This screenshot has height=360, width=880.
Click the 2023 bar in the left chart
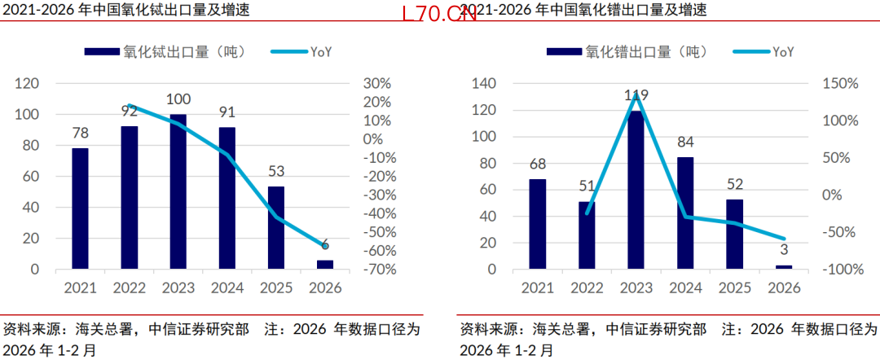[178, 191]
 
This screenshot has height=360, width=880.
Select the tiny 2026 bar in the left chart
[325, 265]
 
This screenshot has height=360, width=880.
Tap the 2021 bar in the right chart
[538, 224]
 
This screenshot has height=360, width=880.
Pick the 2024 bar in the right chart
[685, 213]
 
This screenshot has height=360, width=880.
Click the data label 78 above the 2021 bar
[80, 134]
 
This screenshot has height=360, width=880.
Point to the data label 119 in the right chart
[636, 94]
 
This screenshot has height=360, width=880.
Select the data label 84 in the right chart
[685, 142]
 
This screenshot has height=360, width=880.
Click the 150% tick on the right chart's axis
[840, 84]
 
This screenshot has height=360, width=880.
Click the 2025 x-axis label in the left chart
[276, 288]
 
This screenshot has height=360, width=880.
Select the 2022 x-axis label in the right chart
[587, 288]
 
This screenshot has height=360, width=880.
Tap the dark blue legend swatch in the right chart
[564, 52]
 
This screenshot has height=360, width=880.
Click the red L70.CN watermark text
[439, 15]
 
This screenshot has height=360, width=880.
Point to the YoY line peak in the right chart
[636, 94]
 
